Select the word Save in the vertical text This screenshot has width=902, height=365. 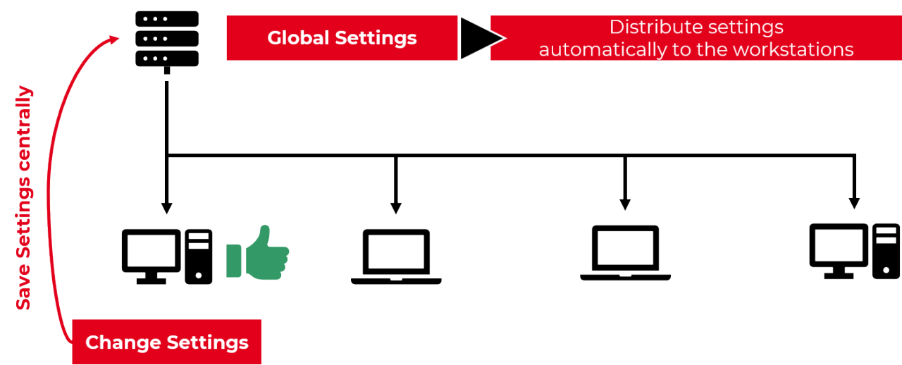click(x=24, y=290)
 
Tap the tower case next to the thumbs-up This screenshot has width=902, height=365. click(x=199, y=256)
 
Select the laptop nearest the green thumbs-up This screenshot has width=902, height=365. click(x=396, y=256)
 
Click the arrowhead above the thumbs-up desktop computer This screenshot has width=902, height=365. click(x=166, y=208)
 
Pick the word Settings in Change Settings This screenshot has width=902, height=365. click(x=208, y=343)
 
